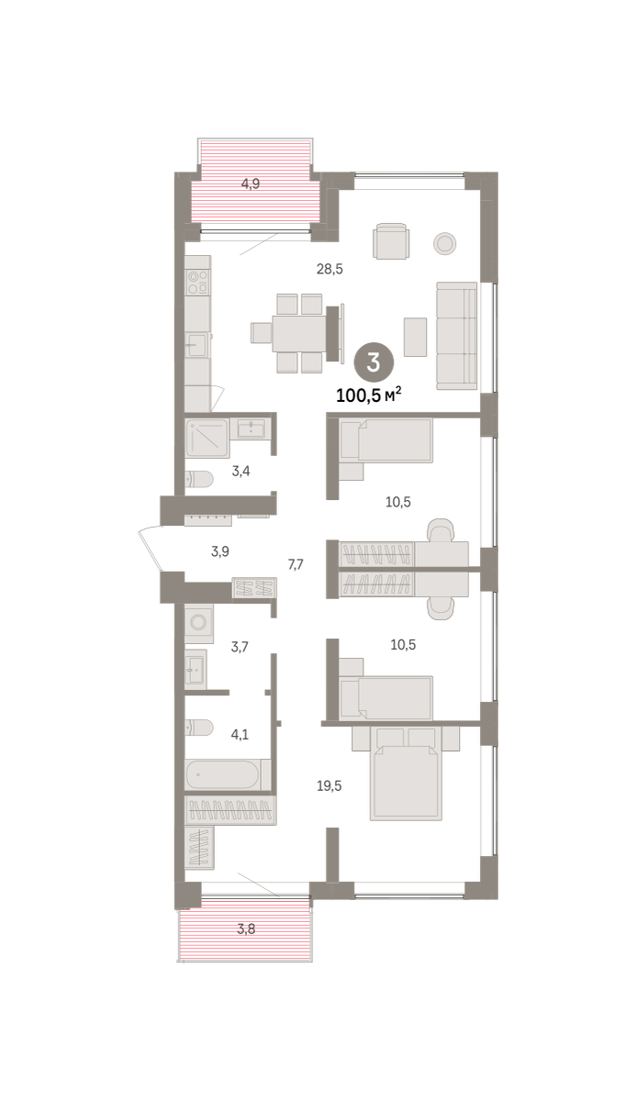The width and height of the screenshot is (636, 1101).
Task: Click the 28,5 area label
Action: click(x=329, y=269)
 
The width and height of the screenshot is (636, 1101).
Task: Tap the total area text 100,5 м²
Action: click(x=369, y=395)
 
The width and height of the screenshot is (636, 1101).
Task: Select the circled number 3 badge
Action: click(x=374, y=362)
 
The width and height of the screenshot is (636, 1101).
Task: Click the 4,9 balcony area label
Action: click(x=251, y=183)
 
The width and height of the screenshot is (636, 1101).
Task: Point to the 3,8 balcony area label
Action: click(x=246, y=929)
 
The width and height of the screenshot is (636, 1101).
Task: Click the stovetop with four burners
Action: click(x=198, y=283)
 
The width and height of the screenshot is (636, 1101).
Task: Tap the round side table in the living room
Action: click(x=444, y=243)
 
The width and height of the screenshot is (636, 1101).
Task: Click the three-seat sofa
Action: click(x=457, y=336)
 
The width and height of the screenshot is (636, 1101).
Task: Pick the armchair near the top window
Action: click(x=391, y=240)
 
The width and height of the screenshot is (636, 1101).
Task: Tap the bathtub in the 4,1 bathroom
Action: click(x=228, y=774)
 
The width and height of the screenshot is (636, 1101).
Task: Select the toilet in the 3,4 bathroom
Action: click(x=198, y=479)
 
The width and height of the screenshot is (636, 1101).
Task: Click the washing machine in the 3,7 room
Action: click(x=199, y=623)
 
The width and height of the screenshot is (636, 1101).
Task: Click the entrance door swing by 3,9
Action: click(x=151, y=549)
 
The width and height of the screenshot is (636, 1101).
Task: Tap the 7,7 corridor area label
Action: click(x=296, y=564)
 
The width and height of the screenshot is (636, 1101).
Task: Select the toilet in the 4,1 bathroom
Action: click(x=198, y=728)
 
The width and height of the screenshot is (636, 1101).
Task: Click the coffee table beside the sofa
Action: click(x=415, y=337)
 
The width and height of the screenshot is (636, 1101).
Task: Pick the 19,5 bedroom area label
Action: click(x=329, y=785)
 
